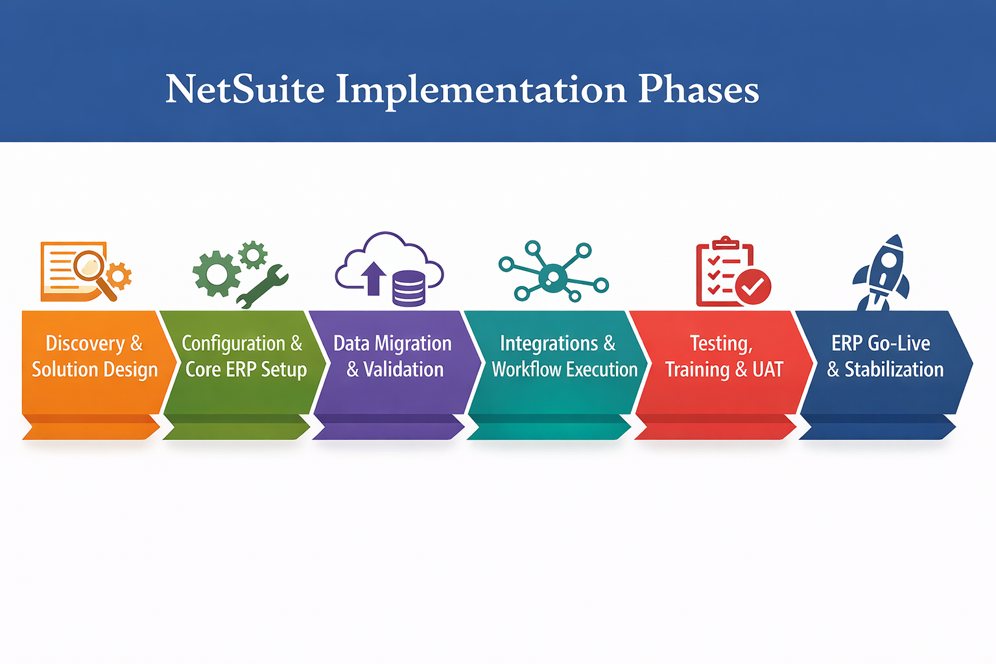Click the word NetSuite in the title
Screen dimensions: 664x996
click(244, 89)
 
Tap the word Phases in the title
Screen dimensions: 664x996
click(698, 89)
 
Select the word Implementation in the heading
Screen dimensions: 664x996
click(480, 90)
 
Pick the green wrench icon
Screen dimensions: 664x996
click(263, 286)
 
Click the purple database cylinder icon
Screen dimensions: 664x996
click(409, 289)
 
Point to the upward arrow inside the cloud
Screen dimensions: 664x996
click(373, 278)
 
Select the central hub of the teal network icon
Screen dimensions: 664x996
click(552, 278)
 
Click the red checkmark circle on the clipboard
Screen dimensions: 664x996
click(753, 287)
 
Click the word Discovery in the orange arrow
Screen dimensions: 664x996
click(85, 343)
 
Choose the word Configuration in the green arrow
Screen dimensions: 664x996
click(233, 343)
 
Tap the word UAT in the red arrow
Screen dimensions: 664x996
click(768, 369)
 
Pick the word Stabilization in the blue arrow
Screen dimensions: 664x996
click(894, 369)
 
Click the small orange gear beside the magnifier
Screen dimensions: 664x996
click(119, 276)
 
